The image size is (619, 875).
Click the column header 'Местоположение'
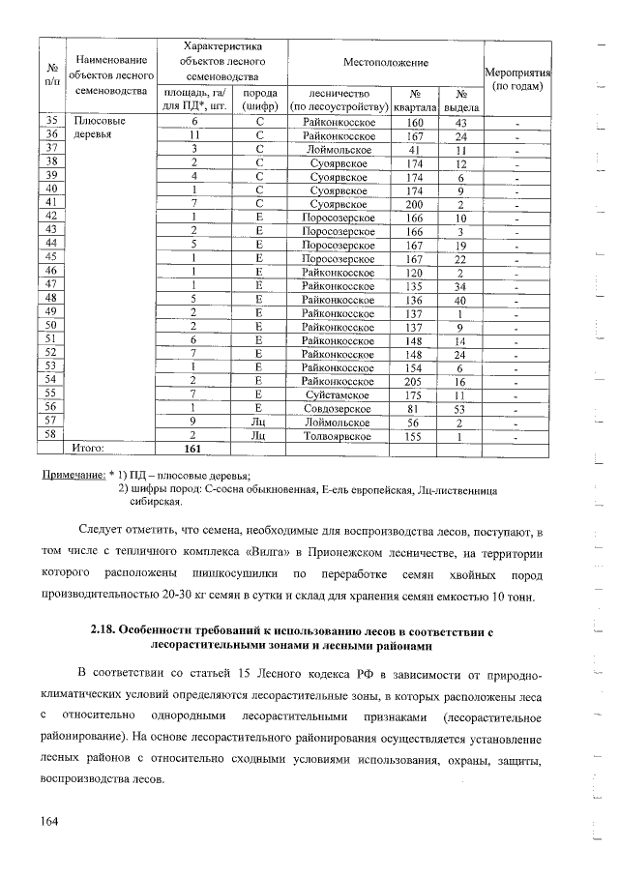(x=385, y=62)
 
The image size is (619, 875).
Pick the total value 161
(x=194, y=450)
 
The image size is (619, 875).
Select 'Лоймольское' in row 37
(x=338, y=150)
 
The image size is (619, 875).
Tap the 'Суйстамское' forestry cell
(x=338, y=395)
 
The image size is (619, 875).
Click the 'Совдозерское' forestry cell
(x=338, y=409)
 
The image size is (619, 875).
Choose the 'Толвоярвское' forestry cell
(x=338, y=436)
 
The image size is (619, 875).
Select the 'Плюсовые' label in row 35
(x=99, y=123)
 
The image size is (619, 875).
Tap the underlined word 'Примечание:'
(x=74, y=475)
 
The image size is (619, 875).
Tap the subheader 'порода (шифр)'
(x=259, y=99)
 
